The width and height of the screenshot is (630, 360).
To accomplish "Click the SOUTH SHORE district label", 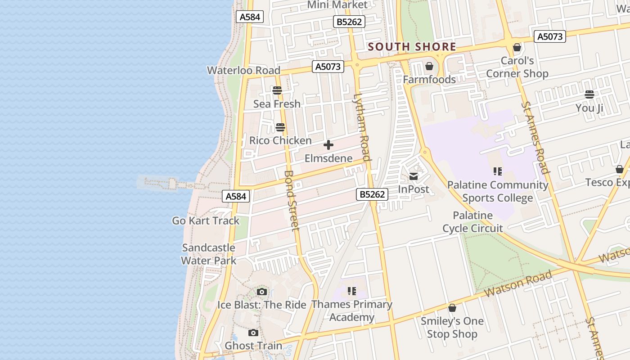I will tap(412, 47).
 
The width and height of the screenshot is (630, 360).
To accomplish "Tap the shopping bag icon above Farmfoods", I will tap(429, 66).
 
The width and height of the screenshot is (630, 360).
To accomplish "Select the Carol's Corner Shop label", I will tap(517, 67).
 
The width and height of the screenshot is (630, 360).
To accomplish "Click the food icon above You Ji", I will tap(589, 94).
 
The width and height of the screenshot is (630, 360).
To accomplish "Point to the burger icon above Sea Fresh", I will tap(277, 90).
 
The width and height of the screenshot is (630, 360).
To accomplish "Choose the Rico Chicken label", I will tap(280, 140).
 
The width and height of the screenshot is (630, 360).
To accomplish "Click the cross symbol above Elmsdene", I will tap(328, 145).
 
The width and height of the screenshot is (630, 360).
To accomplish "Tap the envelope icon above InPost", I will tap(413, 176).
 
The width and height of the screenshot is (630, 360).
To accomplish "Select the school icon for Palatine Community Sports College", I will tap(497, 171).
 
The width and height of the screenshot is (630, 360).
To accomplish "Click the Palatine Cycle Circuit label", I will tap(472, 222).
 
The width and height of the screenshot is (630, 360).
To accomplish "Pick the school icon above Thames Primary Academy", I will tap(351, 291).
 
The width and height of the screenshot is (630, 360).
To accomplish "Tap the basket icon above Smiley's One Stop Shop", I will tap(452, 308).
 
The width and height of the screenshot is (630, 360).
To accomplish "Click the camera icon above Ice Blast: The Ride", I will tap(261, 292).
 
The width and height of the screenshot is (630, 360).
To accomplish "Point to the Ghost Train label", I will tap(253, 346).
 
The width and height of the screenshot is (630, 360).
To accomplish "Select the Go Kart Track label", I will tap(206, 220).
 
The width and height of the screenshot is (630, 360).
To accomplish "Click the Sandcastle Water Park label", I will tap(208, 254).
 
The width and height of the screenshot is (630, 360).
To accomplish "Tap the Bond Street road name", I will tap(292, 200).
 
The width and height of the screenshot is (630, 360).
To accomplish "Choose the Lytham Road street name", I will tap(362, 127).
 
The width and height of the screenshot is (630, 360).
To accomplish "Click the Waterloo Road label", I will tap(243, 70).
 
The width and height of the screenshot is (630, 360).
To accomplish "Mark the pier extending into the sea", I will tap(166, 184).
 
